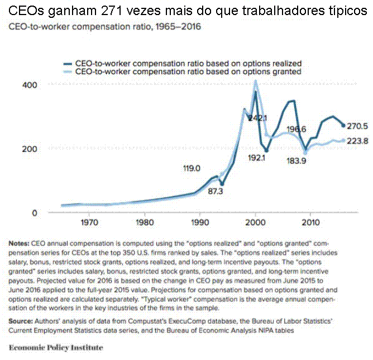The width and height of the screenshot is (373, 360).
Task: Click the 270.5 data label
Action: pyautogui.click(x=357, y=126)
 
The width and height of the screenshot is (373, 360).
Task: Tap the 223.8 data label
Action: pyautogui.click(x=357, y=141)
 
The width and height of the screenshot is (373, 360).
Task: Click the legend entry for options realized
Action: pyautogui.click(x=188, y=63)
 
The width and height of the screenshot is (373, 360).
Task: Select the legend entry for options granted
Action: pyautogui.click(x=187, y=72)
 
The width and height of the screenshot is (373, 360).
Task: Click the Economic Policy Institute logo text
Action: pyautogui.click(x=56, y=347)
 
